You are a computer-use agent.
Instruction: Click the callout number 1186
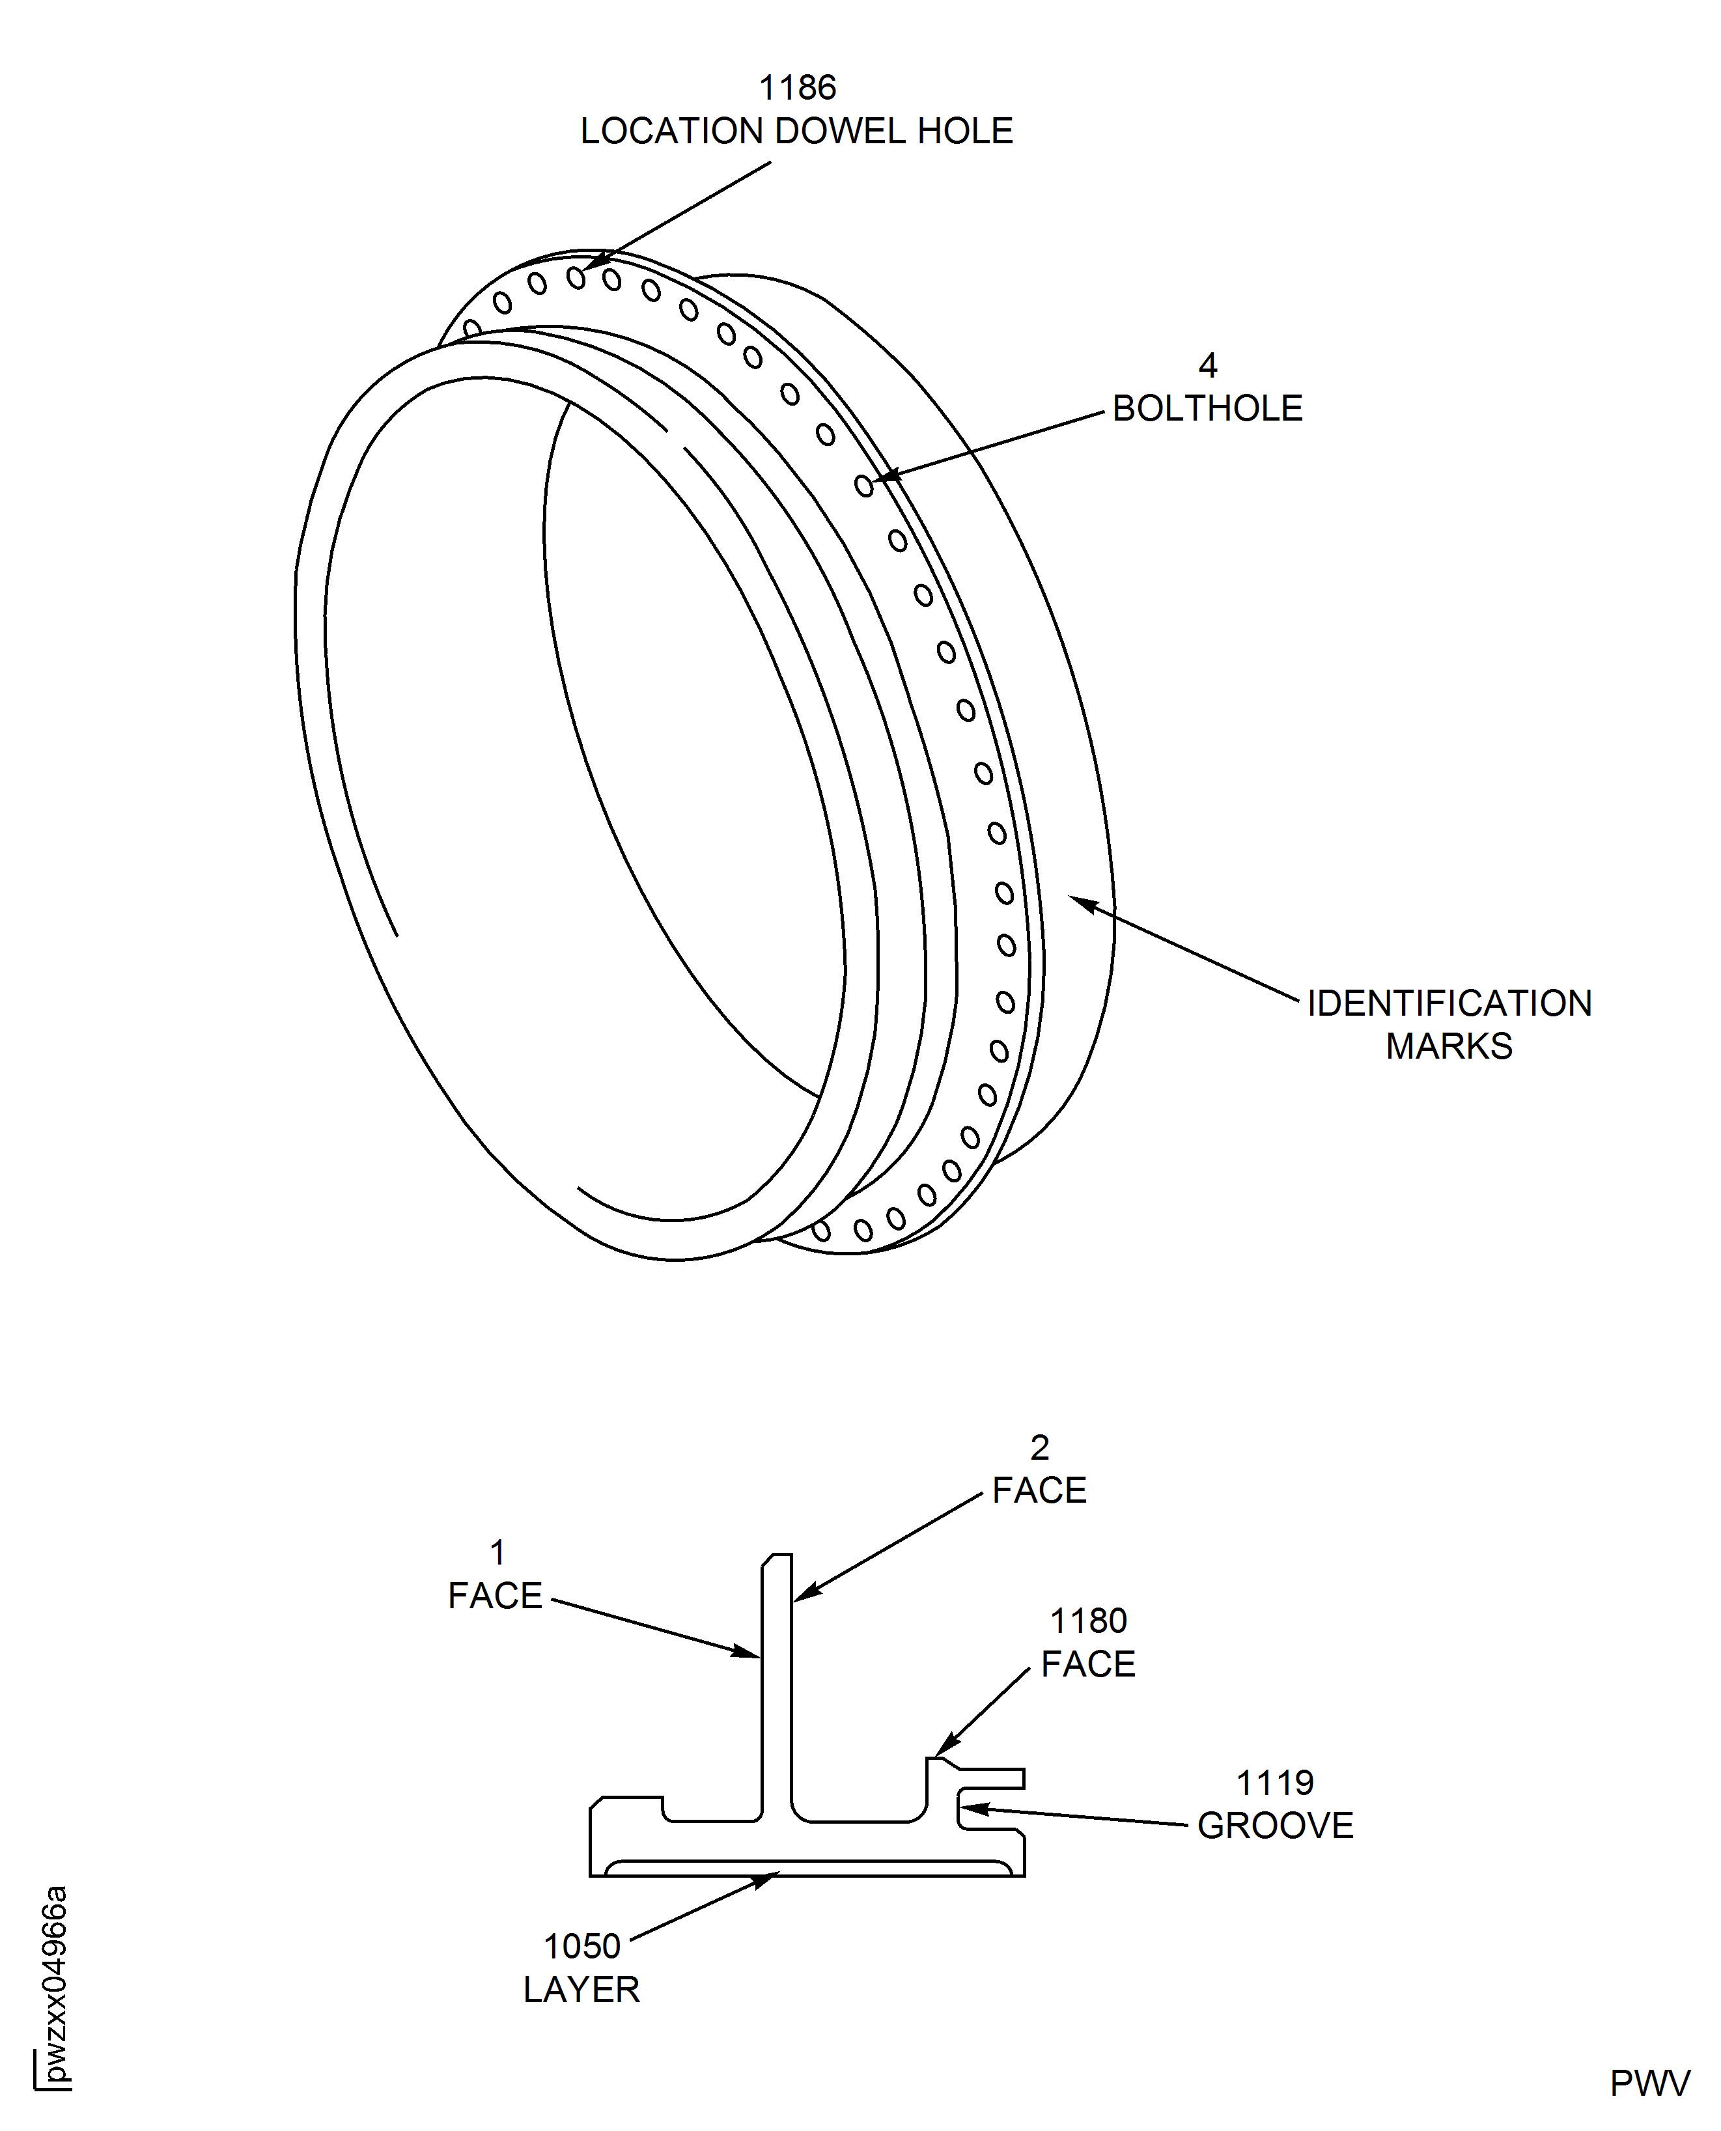796,88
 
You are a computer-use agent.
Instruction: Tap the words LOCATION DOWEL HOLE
796,131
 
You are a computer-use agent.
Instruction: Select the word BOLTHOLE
1207,408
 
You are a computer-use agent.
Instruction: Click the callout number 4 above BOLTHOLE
1207,366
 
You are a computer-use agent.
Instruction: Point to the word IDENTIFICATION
1448,1003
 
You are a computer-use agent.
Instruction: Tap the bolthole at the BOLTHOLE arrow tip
863,484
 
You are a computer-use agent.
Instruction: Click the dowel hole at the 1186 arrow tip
576,277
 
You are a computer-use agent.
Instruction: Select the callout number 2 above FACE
1039,1448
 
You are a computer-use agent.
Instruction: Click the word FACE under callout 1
495,1596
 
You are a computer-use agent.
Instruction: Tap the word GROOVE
1275,1826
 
